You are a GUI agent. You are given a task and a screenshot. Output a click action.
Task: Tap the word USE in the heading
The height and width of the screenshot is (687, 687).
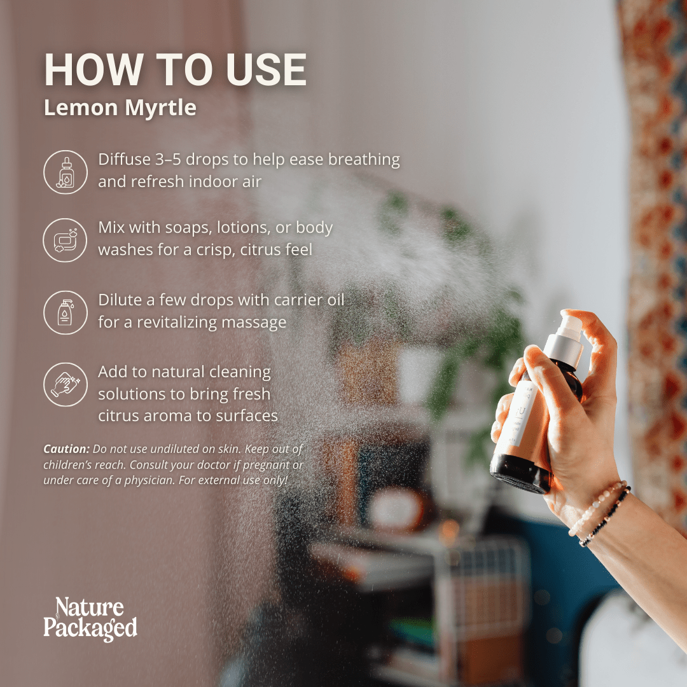[x=267, y=70]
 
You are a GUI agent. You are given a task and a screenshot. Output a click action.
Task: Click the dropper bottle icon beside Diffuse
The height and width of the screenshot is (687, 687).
[x=66, y=172]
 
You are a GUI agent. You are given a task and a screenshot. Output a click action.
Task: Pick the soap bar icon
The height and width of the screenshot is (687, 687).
[x=66, y=240]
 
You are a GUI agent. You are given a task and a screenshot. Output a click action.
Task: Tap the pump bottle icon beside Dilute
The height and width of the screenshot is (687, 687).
[x=66, y=312]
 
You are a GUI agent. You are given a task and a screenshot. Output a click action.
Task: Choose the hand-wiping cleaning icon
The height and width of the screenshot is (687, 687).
[x=66, y=384]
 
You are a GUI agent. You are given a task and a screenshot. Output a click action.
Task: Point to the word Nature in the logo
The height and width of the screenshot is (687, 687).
[x=90, y=608]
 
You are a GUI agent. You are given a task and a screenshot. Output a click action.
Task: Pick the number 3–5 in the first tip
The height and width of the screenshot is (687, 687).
[x=168, y=160]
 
